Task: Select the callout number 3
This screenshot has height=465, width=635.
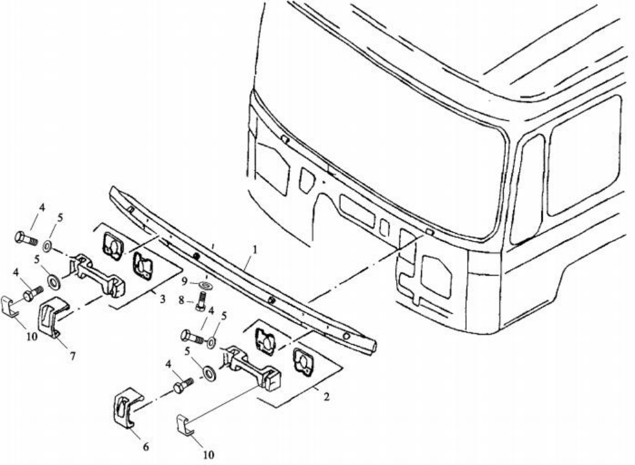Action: [x=162, y=299]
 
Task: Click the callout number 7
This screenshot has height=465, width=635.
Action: [x=72, y=356]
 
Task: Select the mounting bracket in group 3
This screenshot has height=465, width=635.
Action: [x=97, y=276]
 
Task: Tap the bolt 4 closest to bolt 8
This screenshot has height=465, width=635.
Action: [x=192, y=335]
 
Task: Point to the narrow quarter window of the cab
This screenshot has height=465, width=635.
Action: [x=526, y=188]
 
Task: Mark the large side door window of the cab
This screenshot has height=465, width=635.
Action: [x=583, y=158]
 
